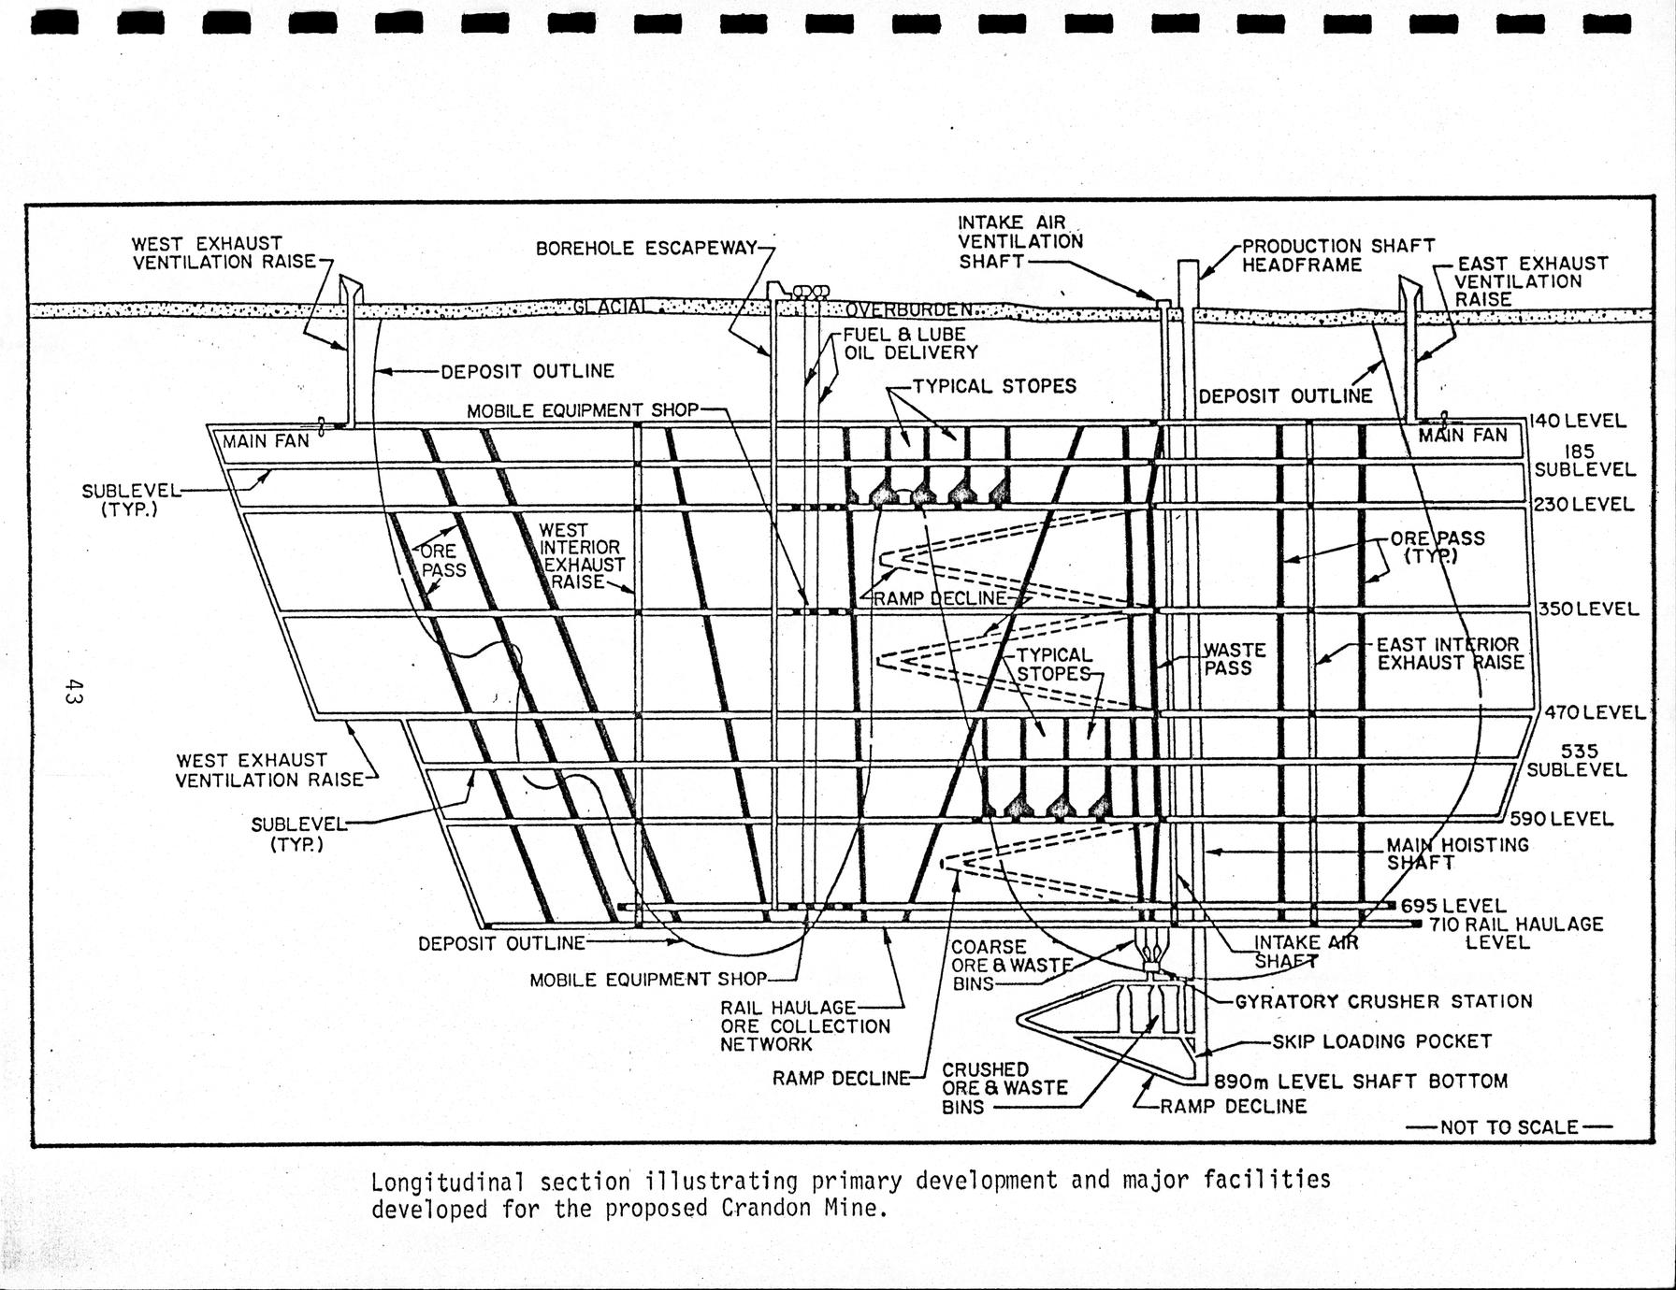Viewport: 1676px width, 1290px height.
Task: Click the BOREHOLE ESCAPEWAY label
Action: pyautogui.click(x=646, y=249)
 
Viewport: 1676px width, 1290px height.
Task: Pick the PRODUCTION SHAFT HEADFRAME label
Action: pyautogui.click(x=1337, y=255)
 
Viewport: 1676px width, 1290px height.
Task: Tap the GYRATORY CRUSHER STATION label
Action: pyautogui.click(x=1383, y=1002)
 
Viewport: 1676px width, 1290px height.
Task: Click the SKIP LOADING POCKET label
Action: pyautogui.click(x=1381, y=1041)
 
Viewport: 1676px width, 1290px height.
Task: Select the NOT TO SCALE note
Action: pyautogui.click(x=1509, y=1127)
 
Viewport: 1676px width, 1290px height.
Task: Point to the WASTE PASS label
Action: pyautogui.click(x=1234, y=659)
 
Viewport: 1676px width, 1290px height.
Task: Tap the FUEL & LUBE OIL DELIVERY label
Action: pyautogui.click(x=909, y=343)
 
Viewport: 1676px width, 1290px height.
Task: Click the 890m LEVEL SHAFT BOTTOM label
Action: pyautogui.click(x=1361, y=1082)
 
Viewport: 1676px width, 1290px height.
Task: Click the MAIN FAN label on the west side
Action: pyautogui.click(x=266, y=440)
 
